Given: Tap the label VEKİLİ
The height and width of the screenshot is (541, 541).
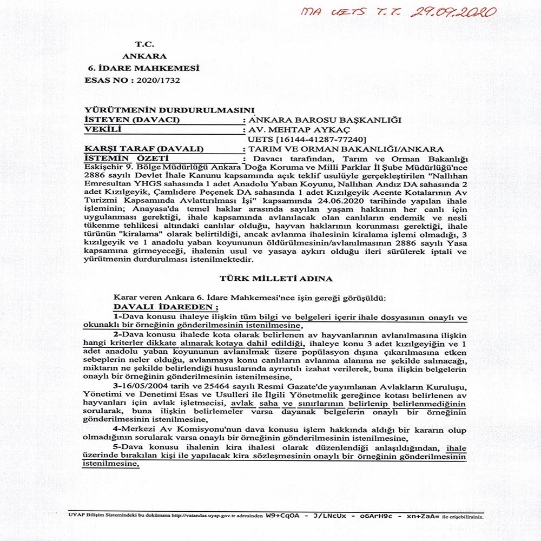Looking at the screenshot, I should pos(100,129).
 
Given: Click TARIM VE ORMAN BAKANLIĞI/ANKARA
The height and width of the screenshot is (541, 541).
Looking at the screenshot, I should pos(344,149).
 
